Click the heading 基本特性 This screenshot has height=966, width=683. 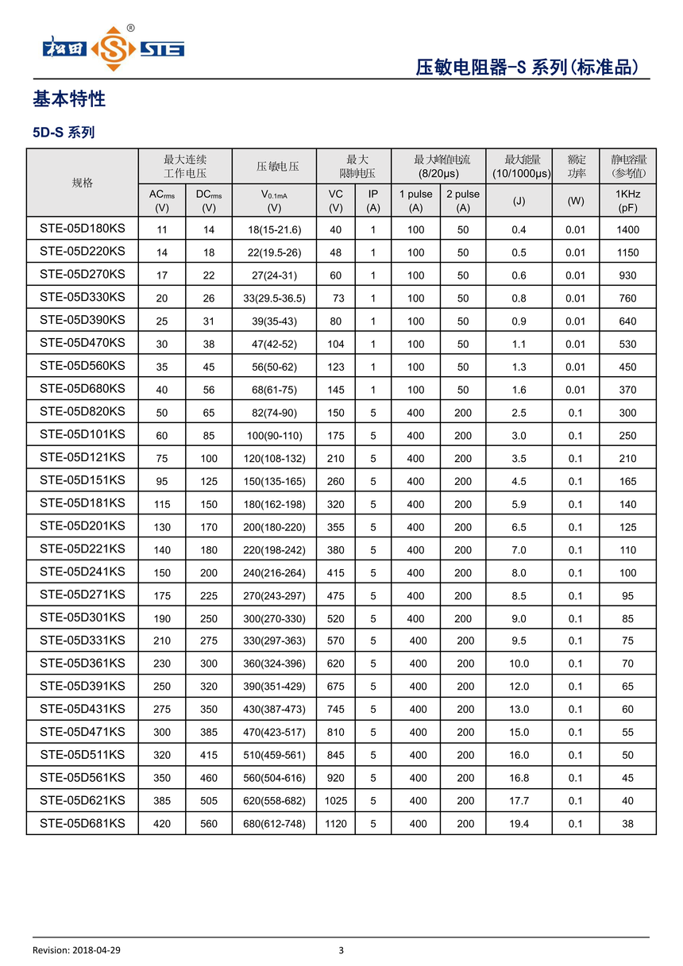pos(69,100)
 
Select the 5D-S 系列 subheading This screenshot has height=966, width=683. pos(64,133)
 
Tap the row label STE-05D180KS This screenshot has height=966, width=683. pos(83,229)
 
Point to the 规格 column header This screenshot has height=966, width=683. pos(83,183)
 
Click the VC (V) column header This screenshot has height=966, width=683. pos(336,201)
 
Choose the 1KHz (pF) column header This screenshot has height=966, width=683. pos(627,201)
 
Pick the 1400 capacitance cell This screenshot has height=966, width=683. pos(627,229)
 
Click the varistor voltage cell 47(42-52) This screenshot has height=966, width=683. pos(274,344)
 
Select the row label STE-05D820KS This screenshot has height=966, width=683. pos(83,411)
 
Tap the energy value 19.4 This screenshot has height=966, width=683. pos(519,824)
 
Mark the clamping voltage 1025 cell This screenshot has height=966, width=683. pos(336,801)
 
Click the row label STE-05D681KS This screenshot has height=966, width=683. pos(83,823)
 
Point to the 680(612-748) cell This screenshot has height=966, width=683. pos(274,824)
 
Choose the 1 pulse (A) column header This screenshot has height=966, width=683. pos(415,201)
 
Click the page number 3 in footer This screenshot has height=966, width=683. pos(341,950)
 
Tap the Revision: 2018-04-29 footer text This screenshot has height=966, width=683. pos(76,950)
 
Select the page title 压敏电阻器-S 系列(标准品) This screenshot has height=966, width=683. pos(527,67)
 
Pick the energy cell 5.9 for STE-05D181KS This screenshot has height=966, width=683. pos(519,504)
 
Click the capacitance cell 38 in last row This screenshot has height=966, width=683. pos(627,824)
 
